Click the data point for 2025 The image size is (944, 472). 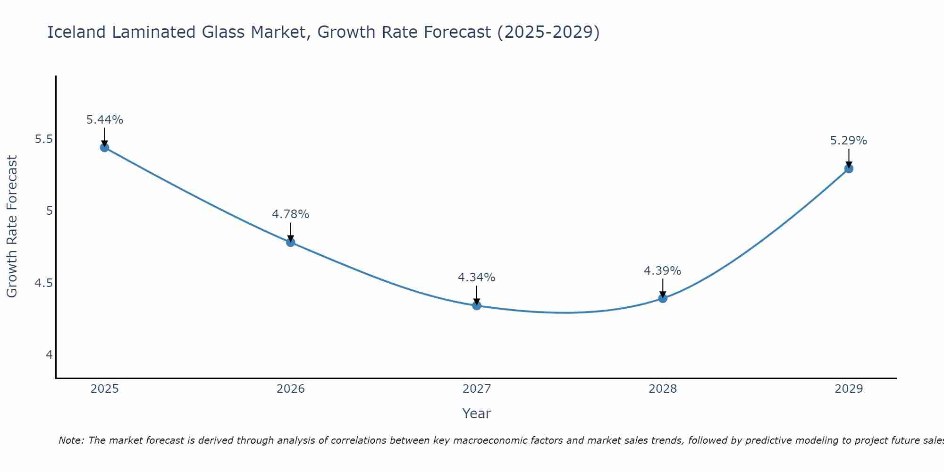(x=104, y=147)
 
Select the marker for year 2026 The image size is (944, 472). (x=291, y=242)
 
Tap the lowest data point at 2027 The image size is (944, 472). (x=477, y=305)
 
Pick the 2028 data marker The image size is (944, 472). (x=663, y=298)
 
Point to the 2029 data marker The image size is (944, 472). (x=849, y=169)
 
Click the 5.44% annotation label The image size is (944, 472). (x=104, y=120)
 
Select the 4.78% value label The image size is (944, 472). (x=291, y=214)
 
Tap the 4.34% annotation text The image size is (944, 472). (x=477, y=278)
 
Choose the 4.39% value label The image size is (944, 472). (x=663, y=271)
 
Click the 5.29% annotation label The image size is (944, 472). (x=849, y=141)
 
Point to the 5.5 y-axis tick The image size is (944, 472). (x=44, y=139)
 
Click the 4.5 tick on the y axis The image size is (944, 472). (x=44, y=283)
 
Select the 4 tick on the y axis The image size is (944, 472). (x=49, y=355)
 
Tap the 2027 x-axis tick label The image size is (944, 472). (x=477, y=389)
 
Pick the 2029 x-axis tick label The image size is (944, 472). (x=849, y=389)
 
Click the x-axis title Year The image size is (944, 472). (x=477, y=413)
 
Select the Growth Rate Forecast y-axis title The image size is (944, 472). (x=12, y=227)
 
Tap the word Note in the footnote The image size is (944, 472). (x=70, y=440)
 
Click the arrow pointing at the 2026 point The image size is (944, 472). (x=291, y=231)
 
